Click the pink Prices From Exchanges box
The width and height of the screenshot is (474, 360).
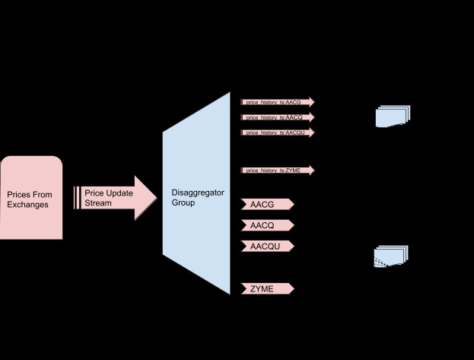(31, 198)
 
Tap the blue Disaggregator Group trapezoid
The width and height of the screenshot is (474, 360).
(196, 194)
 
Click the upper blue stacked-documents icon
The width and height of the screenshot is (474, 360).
(393, 116)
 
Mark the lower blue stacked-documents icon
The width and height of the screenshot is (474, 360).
(391, 256)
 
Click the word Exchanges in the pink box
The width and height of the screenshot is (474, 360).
(28, 205)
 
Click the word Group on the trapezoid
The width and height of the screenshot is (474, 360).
(183, 204)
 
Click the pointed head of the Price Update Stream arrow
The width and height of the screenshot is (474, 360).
(147, 198)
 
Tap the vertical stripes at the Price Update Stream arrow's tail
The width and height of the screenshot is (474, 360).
(77, 198)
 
